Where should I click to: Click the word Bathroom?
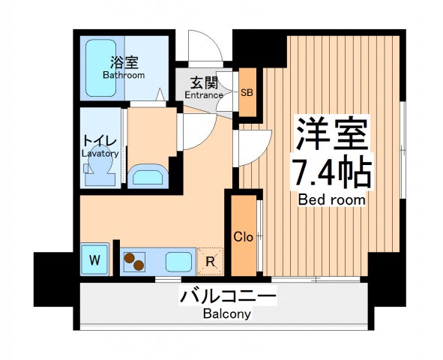pos(124,76)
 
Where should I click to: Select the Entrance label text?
pos(204,95)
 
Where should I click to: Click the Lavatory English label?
pos(100,153)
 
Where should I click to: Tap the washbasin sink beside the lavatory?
pos(148,177)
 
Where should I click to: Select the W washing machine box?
pos(94,261)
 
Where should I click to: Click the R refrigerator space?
pos(211,261)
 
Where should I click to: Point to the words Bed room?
pos(331,200)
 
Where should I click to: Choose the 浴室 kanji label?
pos(124,63)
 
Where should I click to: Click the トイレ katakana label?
pos(100,140)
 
